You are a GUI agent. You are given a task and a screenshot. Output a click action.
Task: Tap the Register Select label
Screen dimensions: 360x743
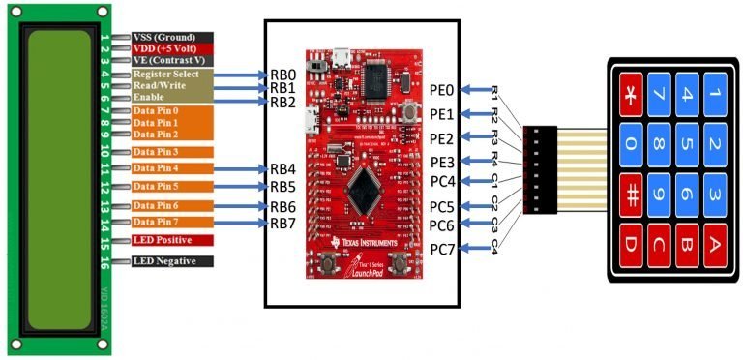tap(166, 74)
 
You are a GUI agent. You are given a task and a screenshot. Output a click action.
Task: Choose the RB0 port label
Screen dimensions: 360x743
tap(282, 74)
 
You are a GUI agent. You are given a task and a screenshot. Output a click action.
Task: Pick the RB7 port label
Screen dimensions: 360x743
tap(282, 225)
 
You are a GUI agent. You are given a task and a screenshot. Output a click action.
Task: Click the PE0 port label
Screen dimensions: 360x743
tap(442, 90)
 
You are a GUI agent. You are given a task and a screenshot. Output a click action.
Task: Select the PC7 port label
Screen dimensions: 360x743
tap(442, 250)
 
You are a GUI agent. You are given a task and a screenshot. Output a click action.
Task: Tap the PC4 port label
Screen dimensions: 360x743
tap(442, 181)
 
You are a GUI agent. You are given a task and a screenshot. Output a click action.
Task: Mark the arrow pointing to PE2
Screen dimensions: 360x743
tap(474, 138)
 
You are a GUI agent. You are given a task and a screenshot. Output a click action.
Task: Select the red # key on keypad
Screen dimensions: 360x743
tap(630, 195)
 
